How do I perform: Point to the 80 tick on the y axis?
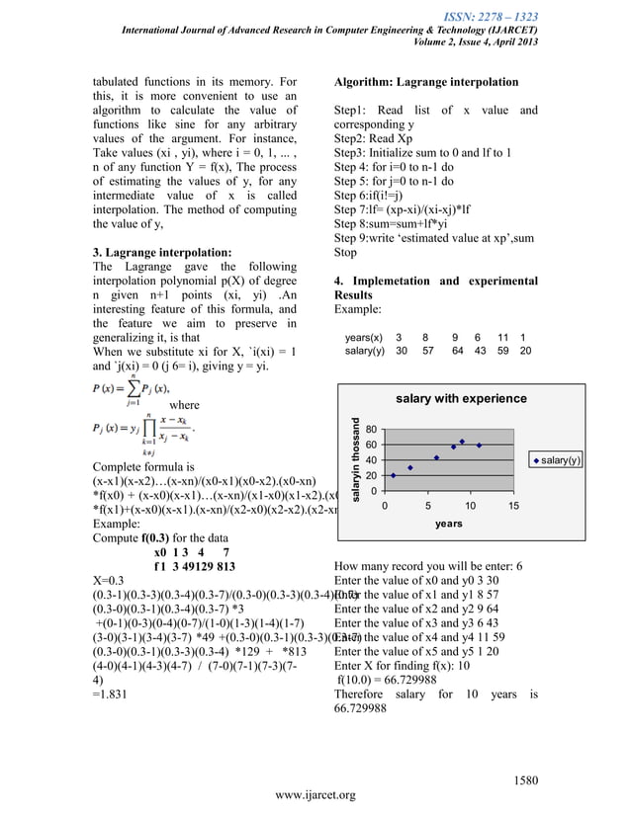click(370, 430)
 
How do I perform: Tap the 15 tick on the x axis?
click(513, 505)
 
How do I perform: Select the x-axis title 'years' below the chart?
click(448, 524)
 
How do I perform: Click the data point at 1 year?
click(394, 475)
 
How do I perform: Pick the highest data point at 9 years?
click(462, 442)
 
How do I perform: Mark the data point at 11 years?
click(479, 446)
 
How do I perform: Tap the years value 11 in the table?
click(502, 337)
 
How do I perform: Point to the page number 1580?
click(524, 781)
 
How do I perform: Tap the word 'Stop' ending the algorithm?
click(346, 252)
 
